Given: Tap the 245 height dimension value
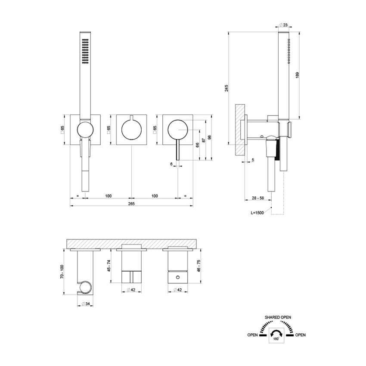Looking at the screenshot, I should [x=226, y=88].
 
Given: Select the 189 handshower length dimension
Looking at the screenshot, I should [x=298, y=74].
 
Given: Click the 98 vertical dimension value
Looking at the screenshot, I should [x=210, y=137].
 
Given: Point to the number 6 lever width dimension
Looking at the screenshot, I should [x=171, y=164].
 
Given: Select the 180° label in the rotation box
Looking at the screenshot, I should [x=276, y=339].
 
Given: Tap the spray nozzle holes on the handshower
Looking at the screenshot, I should [x=85, y=51].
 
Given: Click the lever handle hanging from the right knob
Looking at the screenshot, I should [x=177, y=151].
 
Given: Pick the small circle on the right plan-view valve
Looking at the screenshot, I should [x=177, y=278].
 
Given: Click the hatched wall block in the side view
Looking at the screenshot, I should [x=239, y=129].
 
